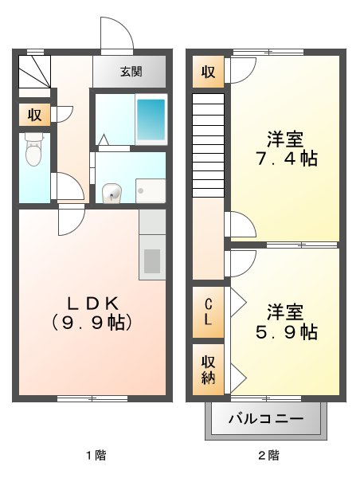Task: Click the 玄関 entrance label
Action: [x=131, y=72]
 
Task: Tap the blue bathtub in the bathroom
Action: [x=151, y=119]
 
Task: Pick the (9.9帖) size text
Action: [x=92, y=323]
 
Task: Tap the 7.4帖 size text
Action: [x=284, y=159]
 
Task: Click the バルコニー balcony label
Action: [x=266, y=417]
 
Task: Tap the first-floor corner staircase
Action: [x=33, y=71]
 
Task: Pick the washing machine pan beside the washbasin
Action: [x=150, y=190]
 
